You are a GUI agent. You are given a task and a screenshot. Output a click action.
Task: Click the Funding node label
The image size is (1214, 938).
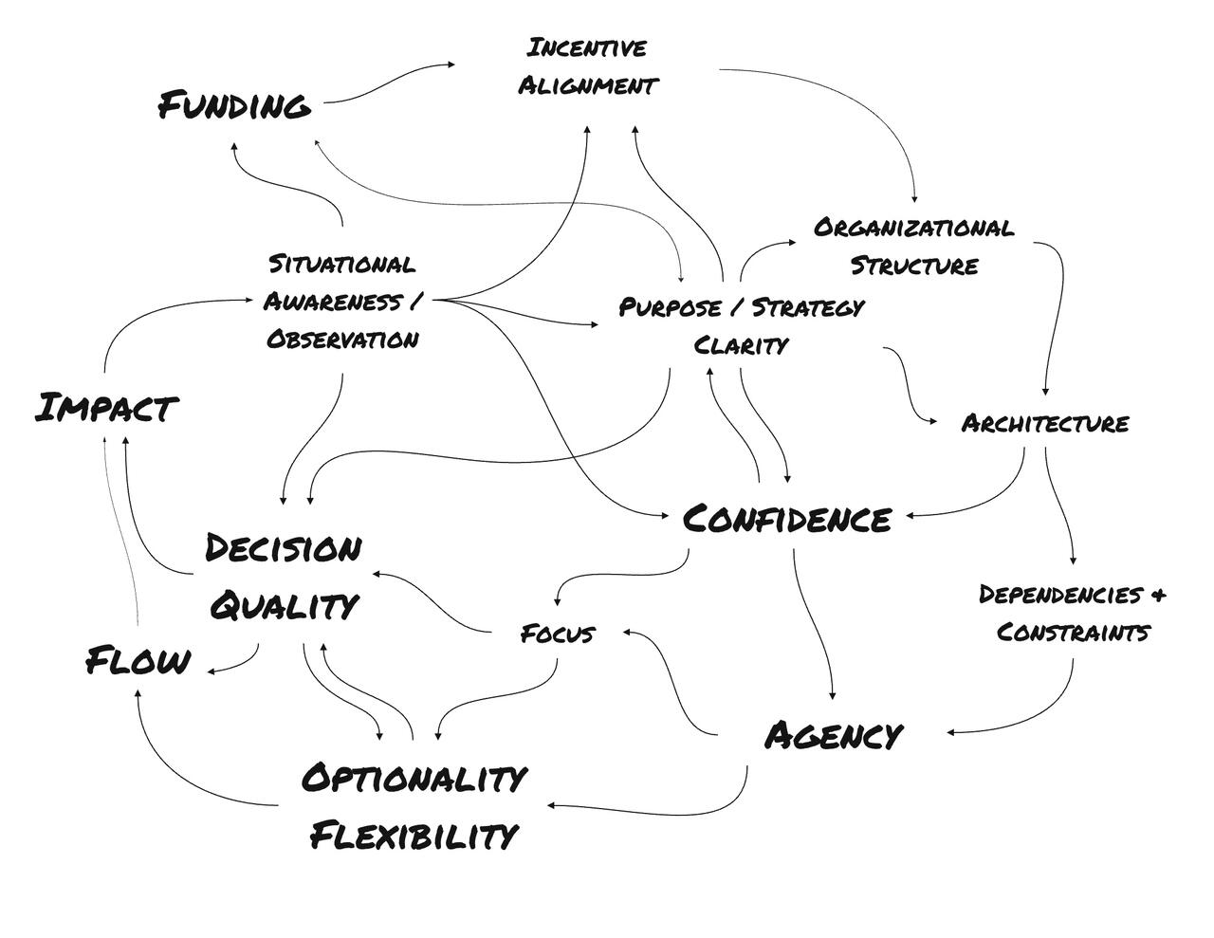tap(234, 104)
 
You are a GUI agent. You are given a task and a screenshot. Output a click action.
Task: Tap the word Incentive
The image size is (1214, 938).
tap(587, 47)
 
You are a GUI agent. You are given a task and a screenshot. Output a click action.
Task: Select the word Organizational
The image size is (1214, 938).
tap(913, 228)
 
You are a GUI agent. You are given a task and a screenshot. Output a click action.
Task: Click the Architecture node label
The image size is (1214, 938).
tap(1045, 423)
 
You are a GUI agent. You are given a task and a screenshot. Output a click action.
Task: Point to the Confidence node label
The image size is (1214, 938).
tap(787, 519)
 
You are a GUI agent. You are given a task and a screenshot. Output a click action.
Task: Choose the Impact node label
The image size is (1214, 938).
tap(106, 408)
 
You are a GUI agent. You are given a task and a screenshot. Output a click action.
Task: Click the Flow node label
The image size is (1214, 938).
tap(138, 660)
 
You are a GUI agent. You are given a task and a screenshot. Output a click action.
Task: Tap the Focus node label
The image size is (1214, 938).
tap(558, 633)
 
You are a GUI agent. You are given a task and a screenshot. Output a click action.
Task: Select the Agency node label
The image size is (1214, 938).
tap(834, 735)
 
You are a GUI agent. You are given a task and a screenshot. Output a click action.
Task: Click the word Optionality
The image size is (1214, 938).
tap(414, 778)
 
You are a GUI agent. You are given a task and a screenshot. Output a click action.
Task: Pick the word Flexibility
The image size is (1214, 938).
tap(414, 836)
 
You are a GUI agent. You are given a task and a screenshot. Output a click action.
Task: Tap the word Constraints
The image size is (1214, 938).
tap(1074, 632)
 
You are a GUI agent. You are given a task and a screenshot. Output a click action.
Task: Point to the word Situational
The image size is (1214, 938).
tap(341, 263)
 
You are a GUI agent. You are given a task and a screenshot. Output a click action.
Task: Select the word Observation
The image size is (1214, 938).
tap(341, 339)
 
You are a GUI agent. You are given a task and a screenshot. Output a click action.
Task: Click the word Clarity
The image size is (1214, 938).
tap(741, 344)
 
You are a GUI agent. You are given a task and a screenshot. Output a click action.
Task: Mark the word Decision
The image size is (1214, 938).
tap(284, 548)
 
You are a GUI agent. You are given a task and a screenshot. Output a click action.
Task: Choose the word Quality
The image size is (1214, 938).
tap(284, 604)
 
